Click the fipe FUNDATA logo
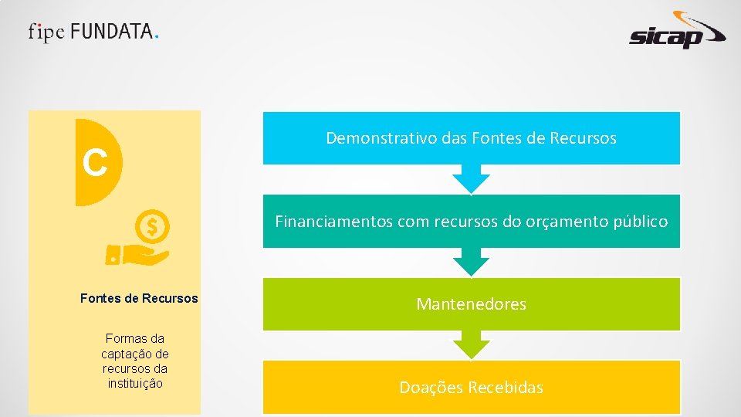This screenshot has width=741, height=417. pos(94,32)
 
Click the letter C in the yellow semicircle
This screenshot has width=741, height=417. pos(95,162)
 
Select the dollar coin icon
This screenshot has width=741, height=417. pos(152,227)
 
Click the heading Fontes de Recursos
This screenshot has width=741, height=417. pos(139,298)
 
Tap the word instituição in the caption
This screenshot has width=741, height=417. pos(135,383)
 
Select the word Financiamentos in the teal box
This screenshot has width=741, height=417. pos(333,222)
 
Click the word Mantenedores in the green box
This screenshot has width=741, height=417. pos(471,304)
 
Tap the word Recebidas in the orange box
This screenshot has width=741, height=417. pos(505,388)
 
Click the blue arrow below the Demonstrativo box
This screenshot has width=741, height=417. pos(471,178)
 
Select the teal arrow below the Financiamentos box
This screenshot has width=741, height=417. pos(471,262)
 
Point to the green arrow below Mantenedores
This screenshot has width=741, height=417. pos(471,344)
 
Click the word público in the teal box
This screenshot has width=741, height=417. pos(641,222)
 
